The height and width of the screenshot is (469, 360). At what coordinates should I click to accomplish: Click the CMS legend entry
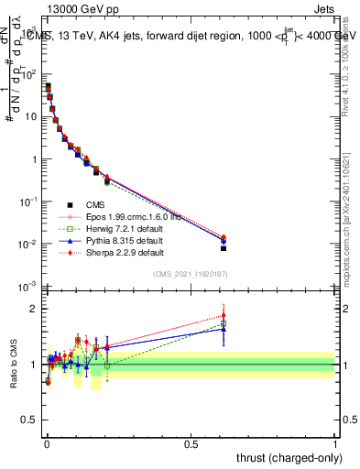[x=94, y=204]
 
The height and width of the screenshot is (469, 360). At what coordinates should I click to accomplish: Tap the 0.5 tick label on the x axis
[x=191, y=444]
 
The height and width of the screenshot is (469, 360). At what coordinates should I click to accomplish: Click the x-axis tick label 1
[x=334, y=444]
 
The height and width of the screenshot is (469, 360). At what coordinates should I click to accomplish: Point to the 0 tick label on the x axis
[x=46, y=444]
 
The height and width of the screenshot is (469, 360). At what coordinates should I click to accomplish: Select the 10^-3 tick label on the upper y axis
[x=26, y=287]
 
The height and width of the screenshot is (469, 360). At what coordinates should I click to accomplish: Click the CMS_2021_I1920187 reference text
[x=190, y=274]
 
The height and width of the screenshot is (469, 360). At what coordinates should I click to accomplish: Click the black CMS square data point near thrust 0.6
[x=224, y=248]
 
